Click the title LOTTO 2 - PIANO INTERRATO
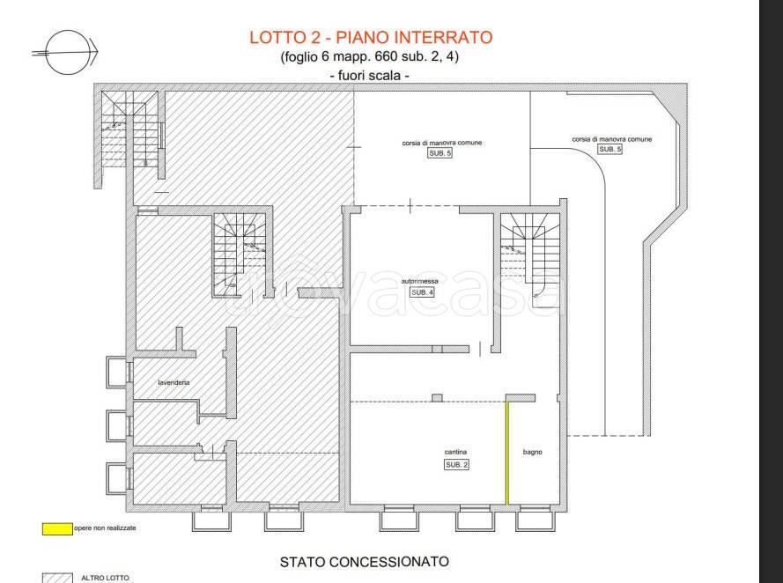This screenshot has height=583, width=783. pos(371,37)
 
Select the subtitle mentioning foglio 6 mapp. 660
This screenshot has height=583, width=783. pos(371,57)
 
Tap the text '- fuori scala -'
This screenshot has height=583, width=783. pos(371,77)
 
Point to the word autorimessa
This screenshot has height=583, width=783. pos(419,281)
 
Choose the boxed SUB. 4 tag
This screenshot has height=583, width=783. pos(422,292)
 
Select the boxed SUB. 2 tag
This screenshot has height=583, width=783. pos(456,464)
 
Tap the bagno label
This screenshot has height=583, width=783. pos(532,453)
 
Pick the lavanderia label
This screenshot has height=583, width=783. pos(174,382)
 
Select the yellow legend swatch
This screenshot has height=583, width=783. pos(57,529)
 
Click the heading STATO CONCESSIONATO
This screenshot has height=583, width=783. pos(364,561)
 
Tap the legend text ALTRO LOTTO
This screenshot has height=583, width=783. pos(105,578)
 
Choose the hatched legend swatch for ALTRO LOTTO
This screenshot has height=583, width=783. pos(57,578)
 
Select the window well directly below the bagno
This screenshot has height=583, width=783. pos(531,521)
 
